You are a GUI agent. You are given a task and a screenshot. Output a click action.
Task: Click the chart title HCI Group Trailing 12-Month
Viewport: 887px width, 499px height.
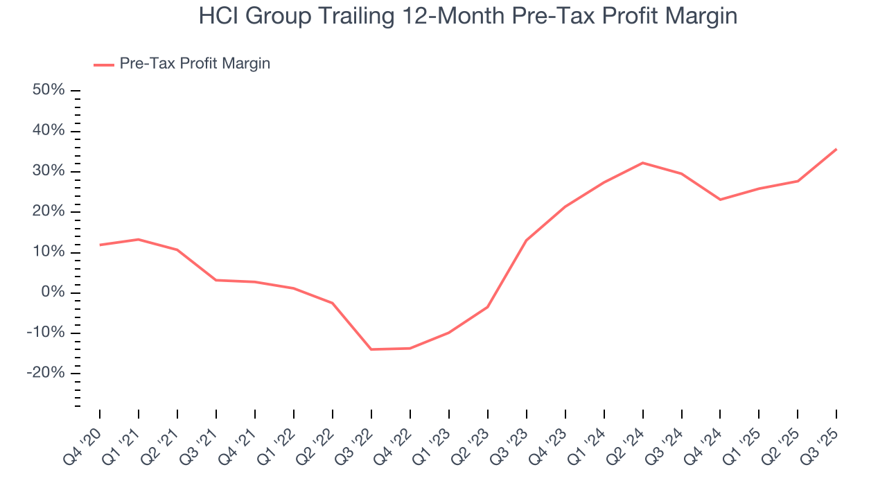(468, 17)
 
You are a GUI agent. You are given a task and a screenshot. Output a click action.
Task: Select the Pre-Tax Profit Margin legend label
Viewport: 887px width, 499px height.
(195, 64)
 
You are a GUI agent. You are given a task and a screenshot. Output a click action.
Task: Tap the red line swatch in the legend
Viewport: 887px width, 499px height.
(104, 64)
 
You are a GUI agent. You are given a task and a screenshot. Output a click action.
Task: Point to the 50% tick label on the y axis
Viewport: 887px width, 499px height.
(49, 90)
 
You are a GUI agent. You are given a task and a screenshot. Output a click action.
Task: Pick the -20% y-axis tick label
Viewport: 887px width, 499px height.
(46, 373)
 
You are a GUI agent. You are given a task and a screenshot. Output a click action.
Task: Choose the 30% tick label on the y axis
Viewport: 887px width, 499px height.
(49, 171)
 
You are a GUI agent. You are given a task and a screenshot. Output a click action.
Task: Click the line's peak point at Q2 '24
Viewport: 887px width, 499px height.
(643, 163)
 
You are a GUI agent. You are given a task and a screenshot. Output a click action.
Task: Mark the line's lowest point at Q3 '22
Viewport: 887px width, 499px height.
(371, 349)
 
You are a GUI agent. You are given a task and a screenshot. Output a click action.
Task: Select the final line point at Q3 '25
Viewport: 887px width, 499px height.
(836, 149)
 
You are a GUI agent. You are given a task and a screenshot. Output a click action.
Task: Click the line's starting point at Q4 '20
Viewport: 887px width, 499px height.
(100, 245)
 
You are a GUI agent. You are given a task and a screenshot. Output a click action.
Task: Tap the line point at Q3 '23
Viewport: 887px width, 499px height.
(527, 240)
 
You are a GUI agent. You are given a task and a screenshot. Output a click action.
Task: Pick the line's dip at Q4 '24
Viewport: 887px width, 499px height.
(721, 200)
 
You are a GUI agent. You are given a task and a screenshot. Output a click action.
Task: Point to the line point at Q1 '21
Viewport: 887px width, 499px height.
(139, 239)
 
